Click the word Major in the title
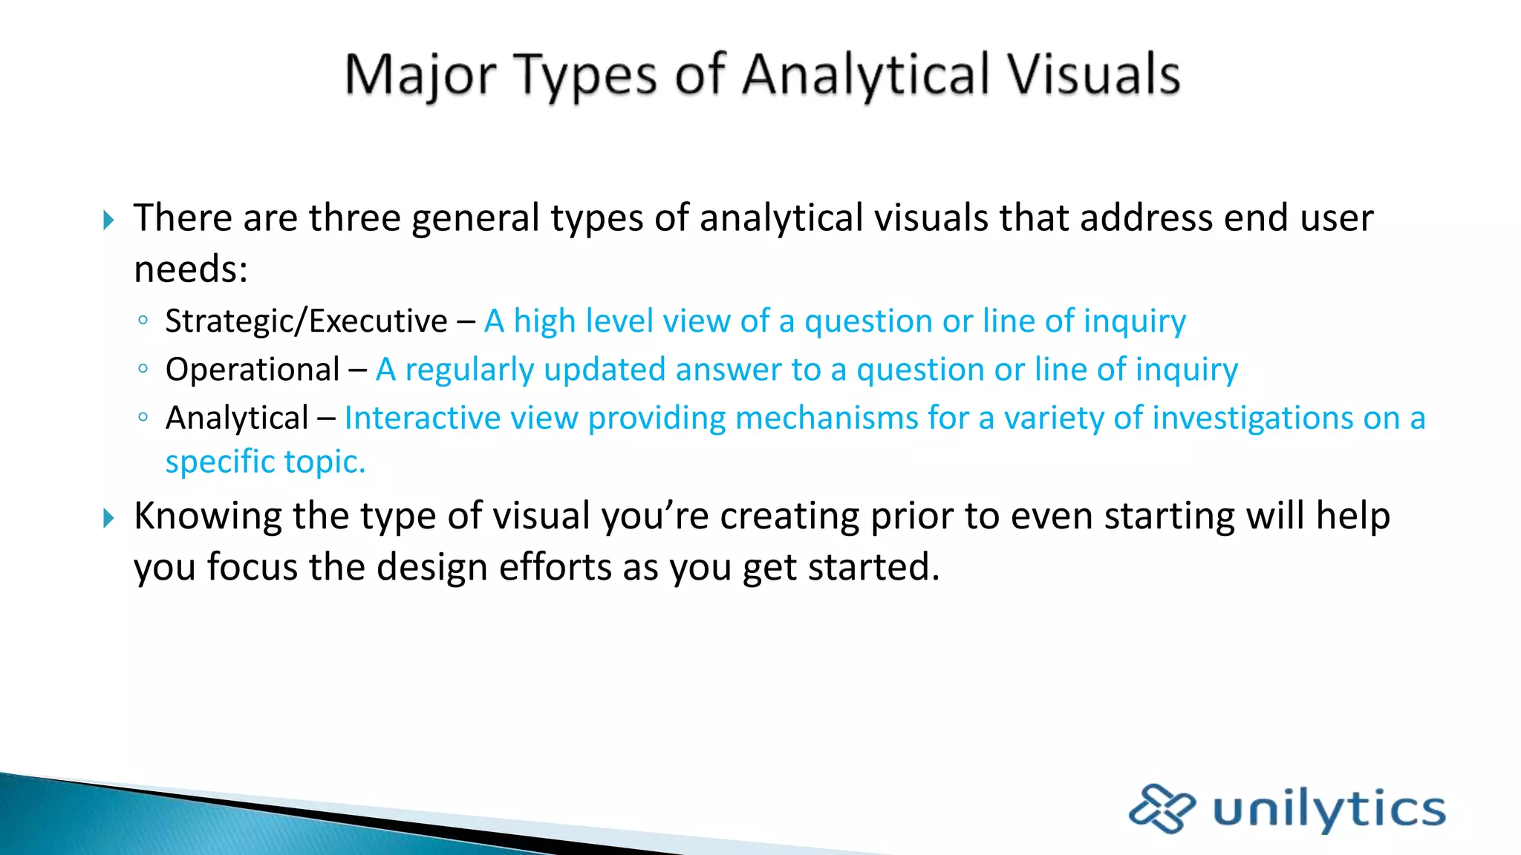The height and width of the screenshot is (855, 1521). [420, 76]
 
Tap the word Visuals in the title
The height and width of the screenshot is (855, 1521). [1092, 76]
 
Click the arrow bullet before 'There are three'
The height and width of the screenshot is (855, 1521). [108, 220]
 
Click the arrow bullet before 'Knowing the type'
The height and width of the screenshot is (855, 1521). [108, 518]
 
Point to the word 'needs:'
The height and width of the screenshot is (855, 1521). [191, 269]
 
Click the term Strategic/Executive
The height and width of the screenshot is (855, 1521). [306, 321]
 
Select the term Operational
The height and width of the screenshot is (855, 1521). [253, 370]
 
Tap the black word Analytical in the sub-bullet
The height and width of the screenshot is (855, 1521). [237, 418]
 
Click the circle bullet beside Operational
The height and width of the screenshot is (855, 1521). [143, 368]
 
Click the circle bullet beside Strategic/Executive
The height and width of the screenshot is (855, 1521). [143, 320]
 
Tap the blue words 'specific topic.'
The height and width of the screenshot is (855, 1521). [265, 462]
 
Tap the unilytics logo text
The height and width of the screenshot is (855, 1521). [1329, 809]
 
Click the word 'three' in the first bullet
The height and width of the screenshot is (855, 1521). [355, 218]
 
